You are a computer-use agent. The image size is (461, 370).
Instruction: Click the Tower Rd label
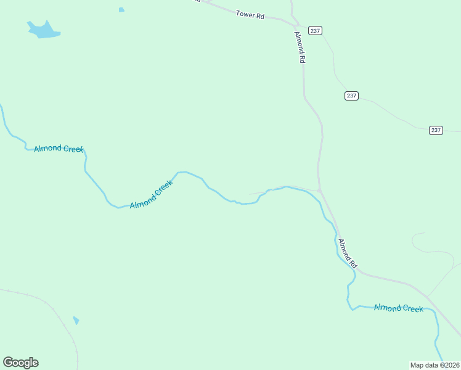click(250, 14)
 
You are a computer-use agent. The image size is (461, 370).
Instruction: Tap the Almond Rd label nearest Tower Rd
click(300, 47)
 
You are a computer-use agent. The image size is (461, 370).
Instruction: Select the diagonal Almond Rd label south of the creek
click(348, 253)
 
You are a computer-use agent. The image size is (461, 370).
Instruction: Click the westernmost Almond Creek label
click(59, 149)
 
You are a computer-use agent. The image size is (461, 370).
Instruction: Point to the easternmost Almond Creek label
click(398, 308)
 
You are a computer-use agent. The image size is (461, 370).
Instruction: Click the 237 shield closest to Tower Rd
click(316, 30)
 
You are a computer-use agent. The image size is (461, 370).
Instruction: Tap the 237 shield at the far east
click(436, 130)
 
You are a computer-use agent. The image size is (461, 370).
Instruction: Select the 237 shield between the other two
click(351, 96)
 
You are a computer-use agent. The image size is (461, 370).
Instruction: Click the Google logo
click(20, 363)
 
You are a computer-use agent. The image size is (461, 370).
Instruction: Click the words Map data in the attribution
click(424, 364)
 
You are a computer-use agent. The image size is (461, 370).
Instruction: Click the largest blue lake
click(43, 30)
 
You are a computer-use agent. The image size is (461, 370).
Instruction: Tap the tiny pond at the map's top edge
click(121, 10)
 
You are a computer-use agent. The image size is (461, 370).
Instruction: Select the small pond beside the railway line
click(76, 320)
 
